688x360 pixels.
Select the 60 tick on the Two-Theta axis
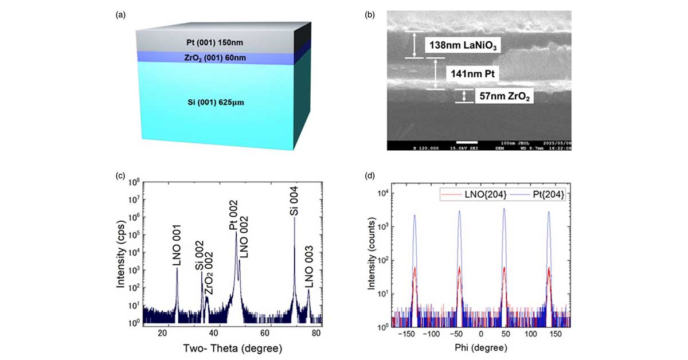click(x=265, y=332)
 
